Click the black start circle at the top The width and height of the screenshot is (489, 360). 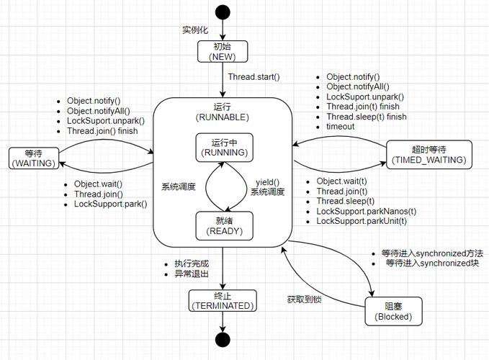[x=223, y=12]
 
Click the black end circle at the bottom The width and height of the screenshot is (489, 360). [x=223, y=340]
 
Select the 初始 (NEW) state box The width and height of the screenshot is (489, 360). [x=223, y=51]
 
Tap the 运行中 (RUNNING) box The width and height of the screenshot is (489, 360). [x=225, y=148]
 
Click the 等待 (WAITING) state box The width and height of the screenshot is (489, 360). [x=32, y=158]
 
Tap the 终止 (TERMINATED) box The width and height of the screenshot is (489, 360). [x=223, y=300]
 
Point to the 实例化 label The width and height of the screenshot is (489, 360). [x=196, y=30]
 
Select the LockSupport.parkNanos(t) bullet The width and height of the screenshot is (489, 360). [x=366, y=211]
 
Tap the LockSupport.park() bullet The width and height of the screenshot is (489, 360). [x=110, y=204]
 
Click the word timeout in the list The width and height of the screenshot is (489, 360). [x=340, y=127]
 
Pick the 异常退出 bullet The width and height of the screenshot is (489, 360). [x=192, y=275]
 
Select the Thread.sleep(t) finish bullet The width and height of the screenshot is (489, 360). [x=366, y=117]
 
